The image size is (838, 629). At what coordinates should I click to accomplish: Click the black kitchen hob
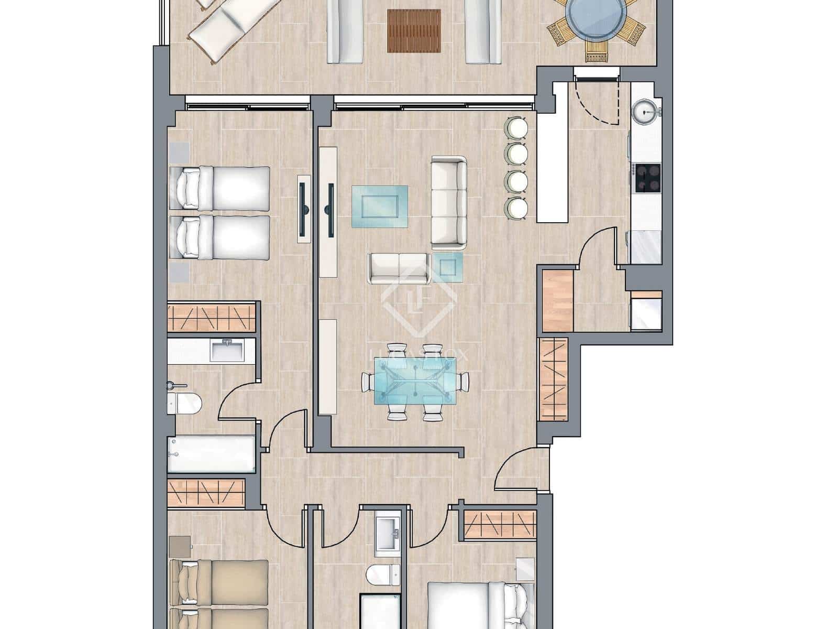pyautogui.click(x=647, y=178)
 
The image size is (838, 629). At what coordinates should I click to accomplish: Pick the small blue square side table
pyautogui.click(x=448, y=266)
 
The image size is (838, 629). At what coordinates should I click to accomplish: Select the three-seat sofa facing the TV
pyautogui.click(x=449, y=202)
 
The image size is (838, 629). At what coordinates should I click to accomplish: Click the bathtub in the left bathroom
pyautogui.click(x=212, y=454)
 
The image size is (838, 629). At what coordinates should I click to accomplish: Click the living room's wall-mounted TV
pyautogui.click(x=330, y=210)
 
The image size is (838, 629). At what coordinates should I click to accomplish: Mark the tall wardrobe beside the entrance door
pyautogui.click(x=553, y=381)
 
